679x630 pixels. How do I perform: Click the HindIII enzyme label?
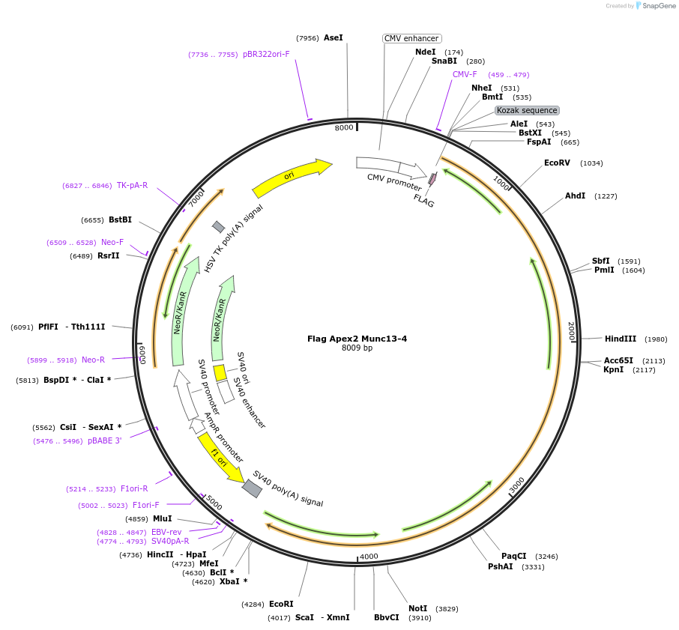620,339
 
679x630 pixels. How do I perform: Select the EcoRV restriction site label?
557,163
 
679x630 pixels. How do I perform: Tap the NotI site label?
417,608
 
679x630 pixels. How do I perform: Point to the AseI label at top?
333,37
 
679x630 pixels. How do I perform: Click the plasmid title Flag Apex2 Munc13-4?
357,339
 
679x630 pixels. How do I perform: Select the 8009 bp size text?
357,348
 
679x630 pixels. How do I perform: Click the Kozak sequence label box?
527,110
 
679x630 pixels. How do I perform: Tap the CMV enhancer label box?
411,38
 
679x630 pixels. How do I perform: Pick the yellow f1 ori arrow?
220,458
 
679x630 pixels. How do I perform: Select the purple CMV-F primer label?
465,75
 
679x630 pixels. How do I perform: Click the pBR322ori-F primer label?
266,55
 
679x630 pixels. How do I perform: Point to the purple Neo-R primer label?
93,360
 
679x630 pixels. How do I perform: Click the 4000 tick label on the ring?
369,557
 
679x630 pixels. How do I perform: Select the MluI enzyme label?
162,518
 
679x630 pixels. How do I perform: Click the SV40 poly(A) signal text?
288,489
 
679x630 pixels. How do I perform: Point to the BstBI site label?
120,219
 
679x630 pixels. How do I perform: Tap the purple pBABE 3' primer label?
104,441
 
